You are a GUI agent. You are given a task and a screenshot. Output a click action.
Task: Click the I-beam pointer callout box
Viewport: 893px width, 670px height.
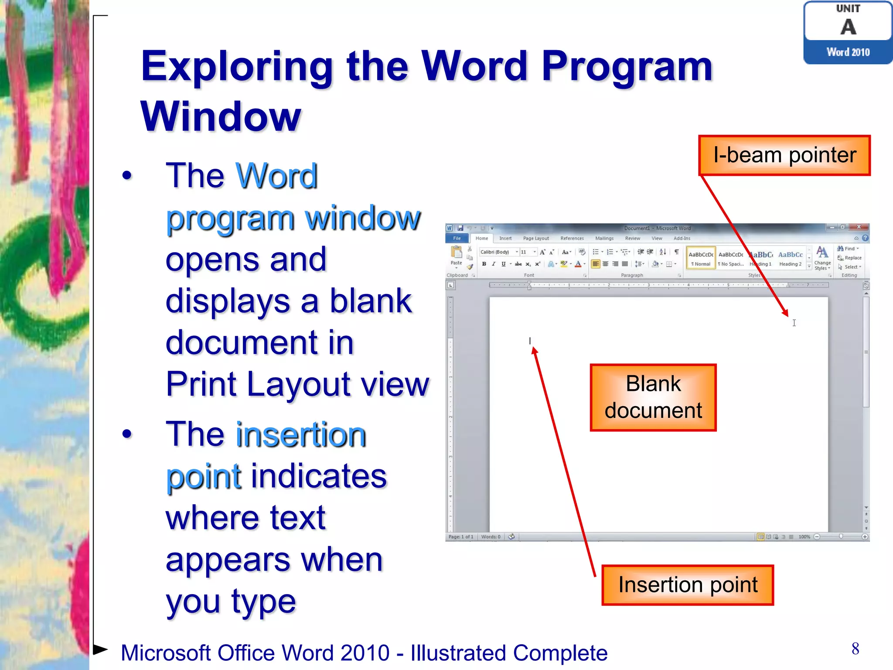click(x=784, y=155)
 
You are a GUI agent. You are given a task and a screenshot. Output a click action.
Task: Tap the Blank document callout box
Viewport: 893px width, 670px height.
click(x=653, y=397)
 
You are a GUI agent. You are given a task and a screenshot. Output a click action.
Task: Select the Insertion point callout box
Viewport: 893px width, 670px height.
click(x=687, y=585)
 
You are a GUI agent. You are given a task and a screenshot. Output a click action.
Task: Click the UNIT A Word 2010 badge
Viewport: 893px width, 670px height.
click(x=848, y=33)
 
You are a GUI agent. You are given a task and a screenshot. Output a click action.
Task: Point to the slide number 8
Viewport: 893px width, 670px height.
click(x=855, y=649)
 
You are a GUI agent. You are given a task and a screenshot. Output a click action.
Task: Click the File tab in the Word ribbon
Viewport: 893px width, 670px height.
click(x=457, y=238)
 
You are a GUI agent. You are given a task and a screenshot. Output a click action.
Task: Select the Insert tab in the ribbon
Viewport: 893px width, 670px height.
click(x=505, y=238)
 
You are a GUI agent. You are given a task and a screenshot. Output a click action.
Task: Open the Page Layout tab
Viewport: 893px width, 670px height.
click(x=535, y=238)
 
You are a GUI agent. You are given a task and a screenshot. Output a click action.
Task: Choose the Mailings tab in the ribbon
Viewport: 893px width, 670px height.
click(x=604, y=238)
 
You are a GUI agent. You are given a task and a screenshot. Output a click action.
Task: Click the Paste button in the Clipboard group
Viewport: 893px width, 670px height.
click(x=456, y=256)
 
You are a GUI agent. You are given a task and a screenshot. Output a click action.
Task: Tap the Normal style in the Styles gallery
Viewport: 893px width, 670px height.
click(x=701, y=258)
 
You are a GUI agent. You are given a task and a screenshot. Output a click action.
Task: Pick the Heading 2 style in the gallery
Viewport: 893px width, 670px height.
click(x=790, y=258)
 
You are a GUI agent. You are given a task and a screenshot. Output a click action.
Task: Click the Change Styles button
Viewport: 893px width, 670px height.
click(x=822, y=258)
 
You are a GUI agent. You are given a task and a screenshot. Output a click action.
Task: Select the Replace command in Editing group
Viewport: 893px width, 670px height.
click(x=850, y=258)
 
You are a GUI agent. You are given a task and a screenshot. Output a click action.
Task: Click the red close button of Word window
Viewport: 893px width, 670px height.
click(x=859, y=227)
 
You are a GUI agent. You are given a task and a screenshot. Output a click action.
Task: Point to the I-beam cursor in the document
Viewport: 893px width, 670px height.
click(x=794, y=323)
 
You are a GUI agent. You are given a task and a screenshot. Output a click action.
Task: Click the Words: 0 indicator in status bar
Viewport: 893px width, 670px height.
click(x=491, y=537)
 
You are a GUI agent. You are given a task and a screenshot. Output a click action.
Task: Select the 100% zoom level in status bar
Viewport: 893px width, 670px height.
click(x=804, y=537)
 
